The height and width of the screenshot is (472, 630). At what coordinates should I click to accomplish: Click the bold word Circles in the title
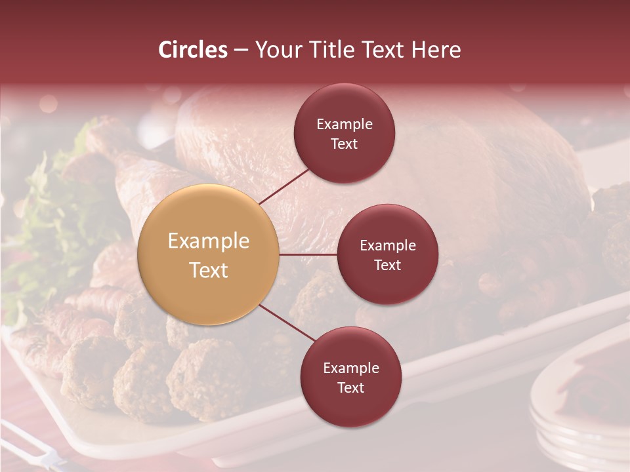(x=193, y=50)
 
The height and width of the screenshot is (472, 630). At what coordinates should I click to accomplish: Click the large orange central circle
(x=209, y=255)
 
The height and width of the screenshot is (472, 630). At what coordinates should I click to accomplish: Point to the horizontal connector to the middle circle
(x=308, y=254)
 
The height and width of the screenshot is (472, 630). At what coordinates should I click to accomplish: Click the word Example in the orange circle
(x=209, y=241)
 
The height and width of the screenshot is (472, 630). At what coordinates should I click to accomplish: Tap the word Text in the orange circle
(x=209, y=270)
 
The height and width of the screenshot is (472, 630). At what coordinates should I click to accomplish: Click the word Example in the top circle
(x=345, y=124)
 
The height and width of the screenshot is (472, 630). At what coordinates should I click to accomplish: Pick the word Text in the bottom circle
(x=350, y=387)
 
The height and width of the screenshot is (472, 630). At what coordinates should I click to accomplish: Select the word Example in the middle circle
(x=387, y=245)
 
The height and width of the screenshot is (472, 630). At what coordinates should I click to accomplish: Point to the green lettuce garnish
(x=46, y=223)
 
